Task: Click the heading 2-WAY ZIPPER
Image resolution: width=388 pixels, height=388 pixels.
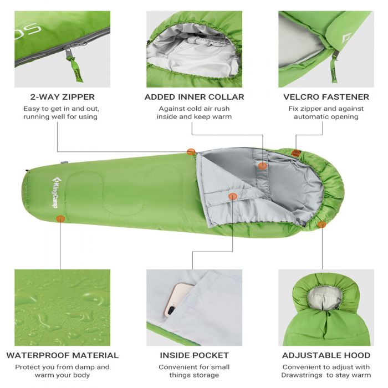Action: [62, 97]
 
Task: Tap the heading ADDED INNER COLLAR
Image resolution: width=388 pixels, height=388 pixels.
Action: [194, 97]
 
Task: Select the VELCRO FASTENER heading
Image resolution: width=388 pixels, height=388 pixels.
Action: [326, 97]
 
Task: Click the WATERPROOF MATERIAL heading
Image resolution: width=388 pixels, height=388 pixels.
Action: [62, 355]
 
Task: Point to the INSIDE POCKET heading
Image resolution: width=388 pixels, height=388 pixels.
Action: [194, 355]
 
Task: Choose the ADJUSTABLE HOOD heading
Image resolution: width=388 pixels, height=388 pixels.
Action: [326, 355]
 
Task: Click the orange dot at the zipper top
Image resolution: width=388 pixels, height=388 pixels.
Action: [191, 152]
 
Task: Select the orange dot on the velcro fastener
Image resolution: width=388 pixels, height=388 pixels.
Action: [295, 153]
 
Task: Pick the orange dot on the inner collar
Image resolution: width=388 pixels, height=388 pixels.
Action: [263, 166]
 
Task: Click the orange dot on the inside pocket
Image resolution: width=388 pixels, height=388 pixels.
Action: [233, 196]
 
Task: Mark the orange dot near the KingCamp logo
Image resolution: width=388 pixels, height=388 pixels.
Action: [60, 219]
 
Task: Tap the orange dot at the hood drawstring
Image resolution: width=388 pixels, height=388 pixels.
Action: [321, 224]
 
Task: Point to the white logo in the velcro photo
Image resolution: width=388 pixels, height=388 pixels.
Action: [346, 38]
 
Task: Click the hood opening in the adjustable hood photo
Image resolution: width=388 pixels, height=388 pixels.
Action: [325, 297]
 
